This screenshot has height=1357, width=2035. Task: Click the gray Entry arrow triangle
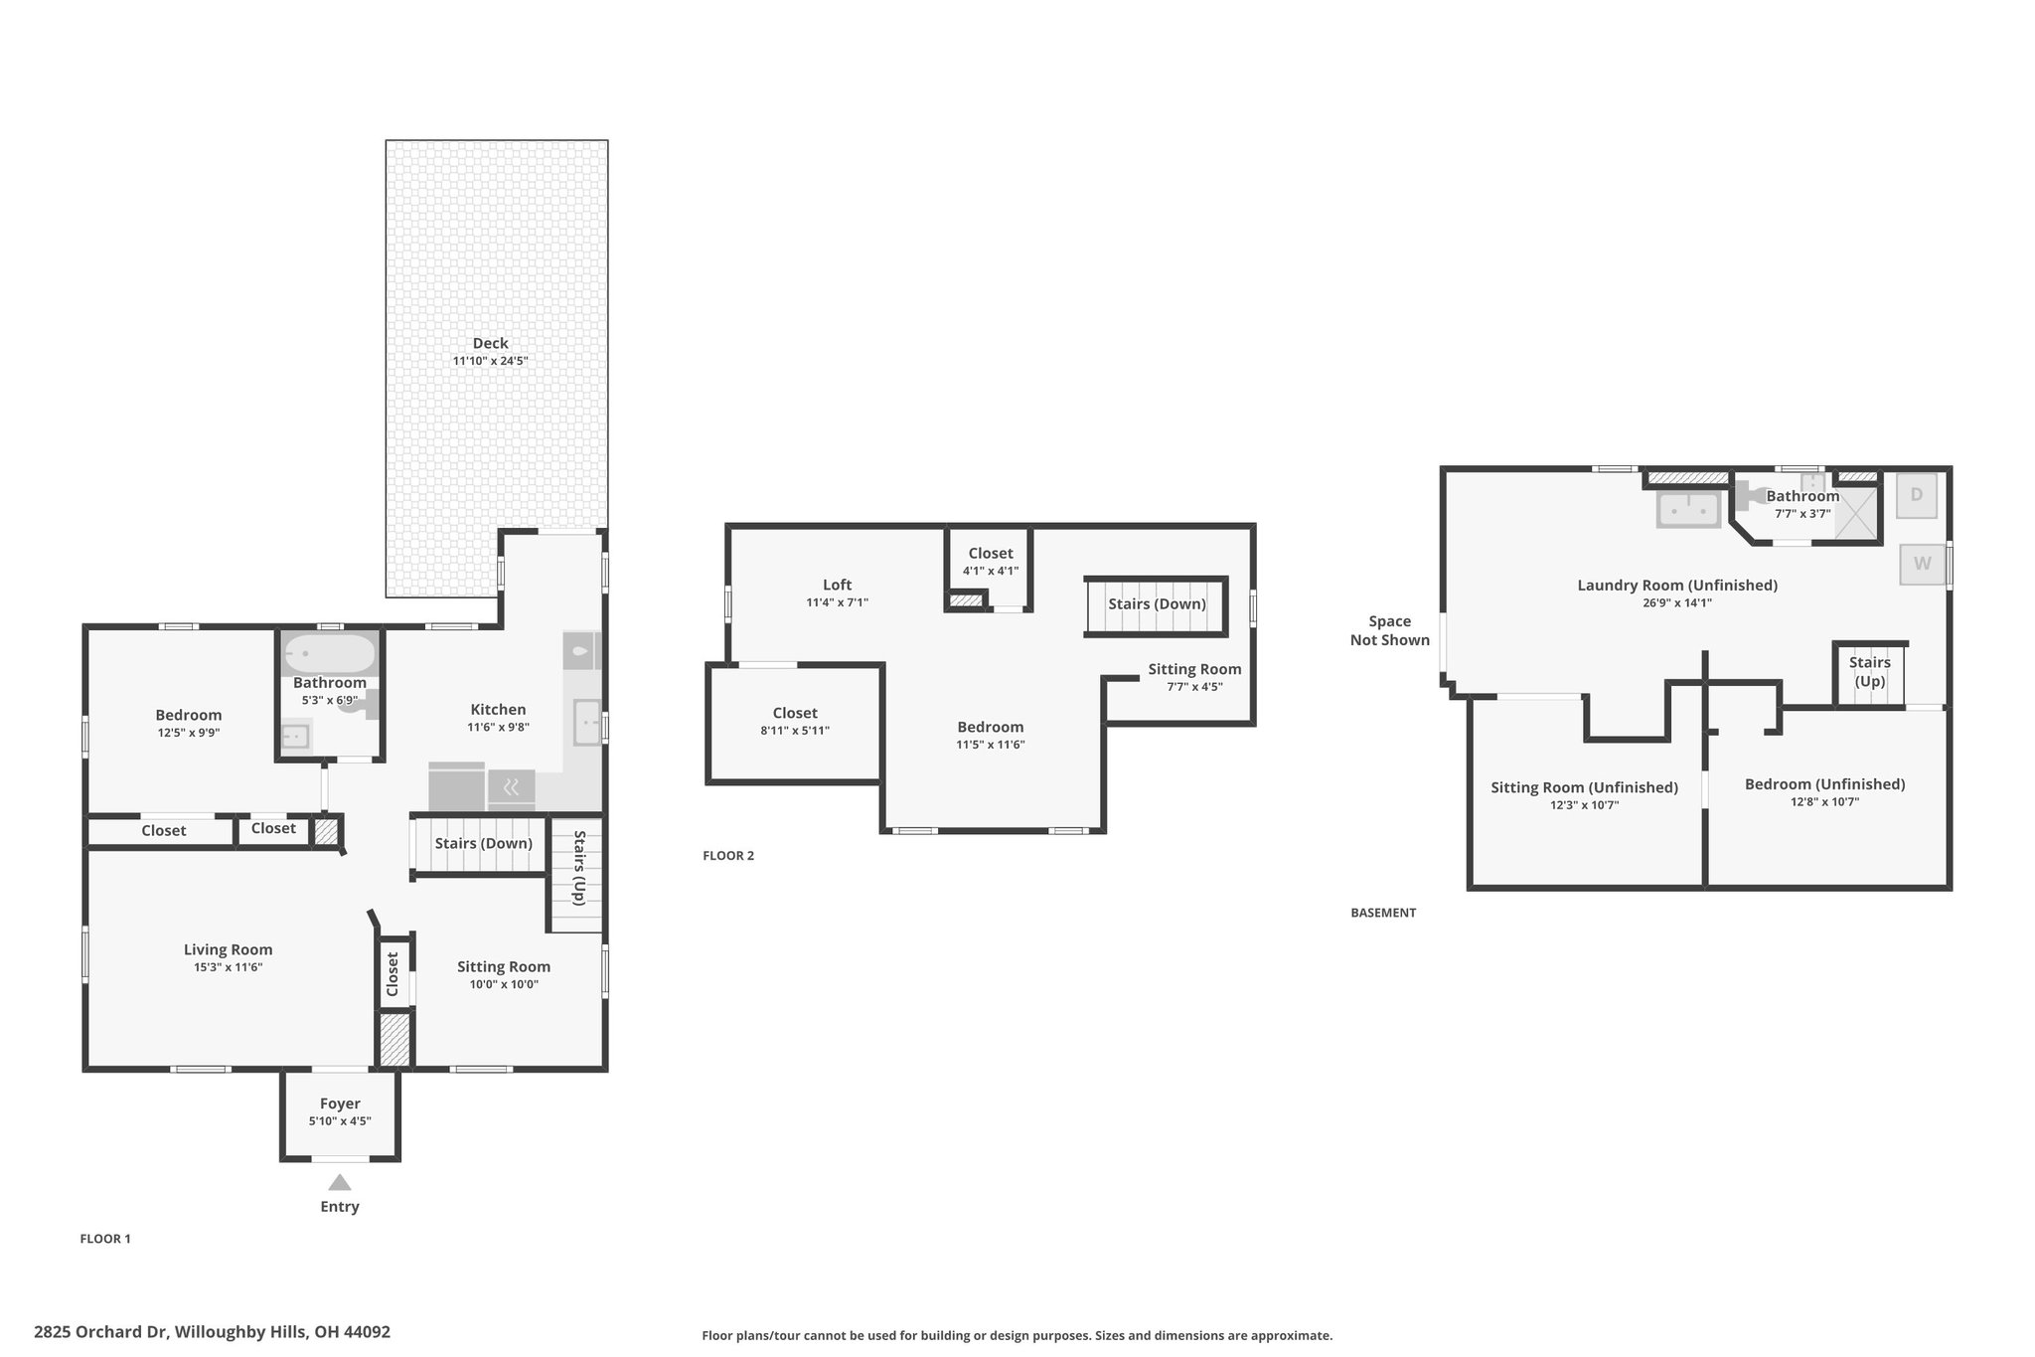click(340, 1182)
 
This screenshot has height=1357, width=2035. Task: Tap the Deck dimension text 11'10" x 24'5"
click(491, 361)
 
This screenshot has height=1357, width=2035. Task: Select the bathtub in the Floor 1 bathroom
click(330, 654)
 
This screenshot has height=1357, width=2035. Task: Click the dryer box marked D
click(1917, 495)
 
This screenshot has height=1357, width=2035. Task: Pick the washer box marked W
click(1923, 564)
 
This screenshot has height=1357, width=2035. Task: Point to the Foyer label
click(340, 1103)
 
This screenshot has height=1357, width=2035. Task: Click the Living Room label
click(229, 949)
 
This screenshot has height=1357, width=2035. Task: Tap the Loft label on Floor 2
click(838, 585)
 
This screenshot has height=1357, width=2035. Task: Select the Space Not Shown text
click(1390, 630)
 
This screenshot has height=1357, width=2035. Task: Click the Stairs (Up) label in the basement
click(1870, 672)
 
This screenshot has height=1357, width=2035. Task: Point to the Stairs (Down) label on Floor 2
click(1158, 603)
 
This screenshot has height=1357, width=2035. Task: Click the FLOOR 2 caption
click(728, 855)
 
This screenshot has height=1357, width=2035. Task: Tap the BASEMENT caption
click(1383, 913)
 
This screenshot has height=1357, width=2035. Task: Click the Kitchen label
click(498, 709)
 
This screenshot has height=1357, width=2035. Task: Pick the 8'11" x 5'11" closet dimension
click(795, 731)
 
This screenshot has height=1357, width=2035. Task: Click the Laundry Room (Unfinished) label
click(1677, 585)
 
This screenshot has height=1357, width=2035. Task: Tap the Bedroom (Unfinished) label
click(1825, 784)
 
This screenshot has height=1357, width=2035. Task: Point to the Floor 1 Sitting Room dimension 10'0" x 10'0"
click(504, 984)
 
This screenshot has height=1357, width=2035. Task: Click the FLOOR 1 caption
click(105, 1239)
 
